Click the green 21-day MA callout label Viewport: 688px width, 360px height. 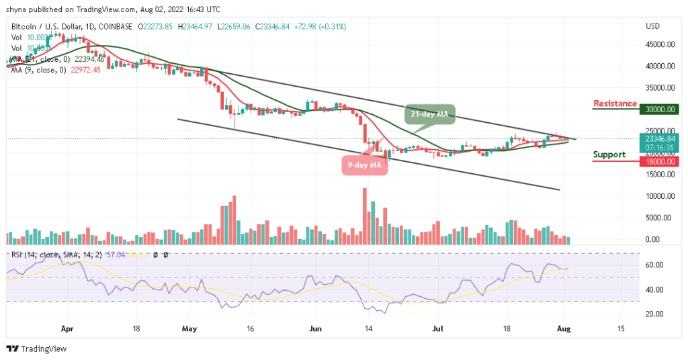(430, 114)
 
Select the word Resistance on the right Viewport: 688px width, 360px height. (615, 103)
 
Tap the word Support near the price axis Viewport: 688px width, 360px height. (609, 154)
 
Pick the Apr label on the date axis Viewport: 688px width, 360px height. (67, 330)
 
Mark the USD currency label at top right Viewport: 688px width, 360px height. (652, 26)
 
